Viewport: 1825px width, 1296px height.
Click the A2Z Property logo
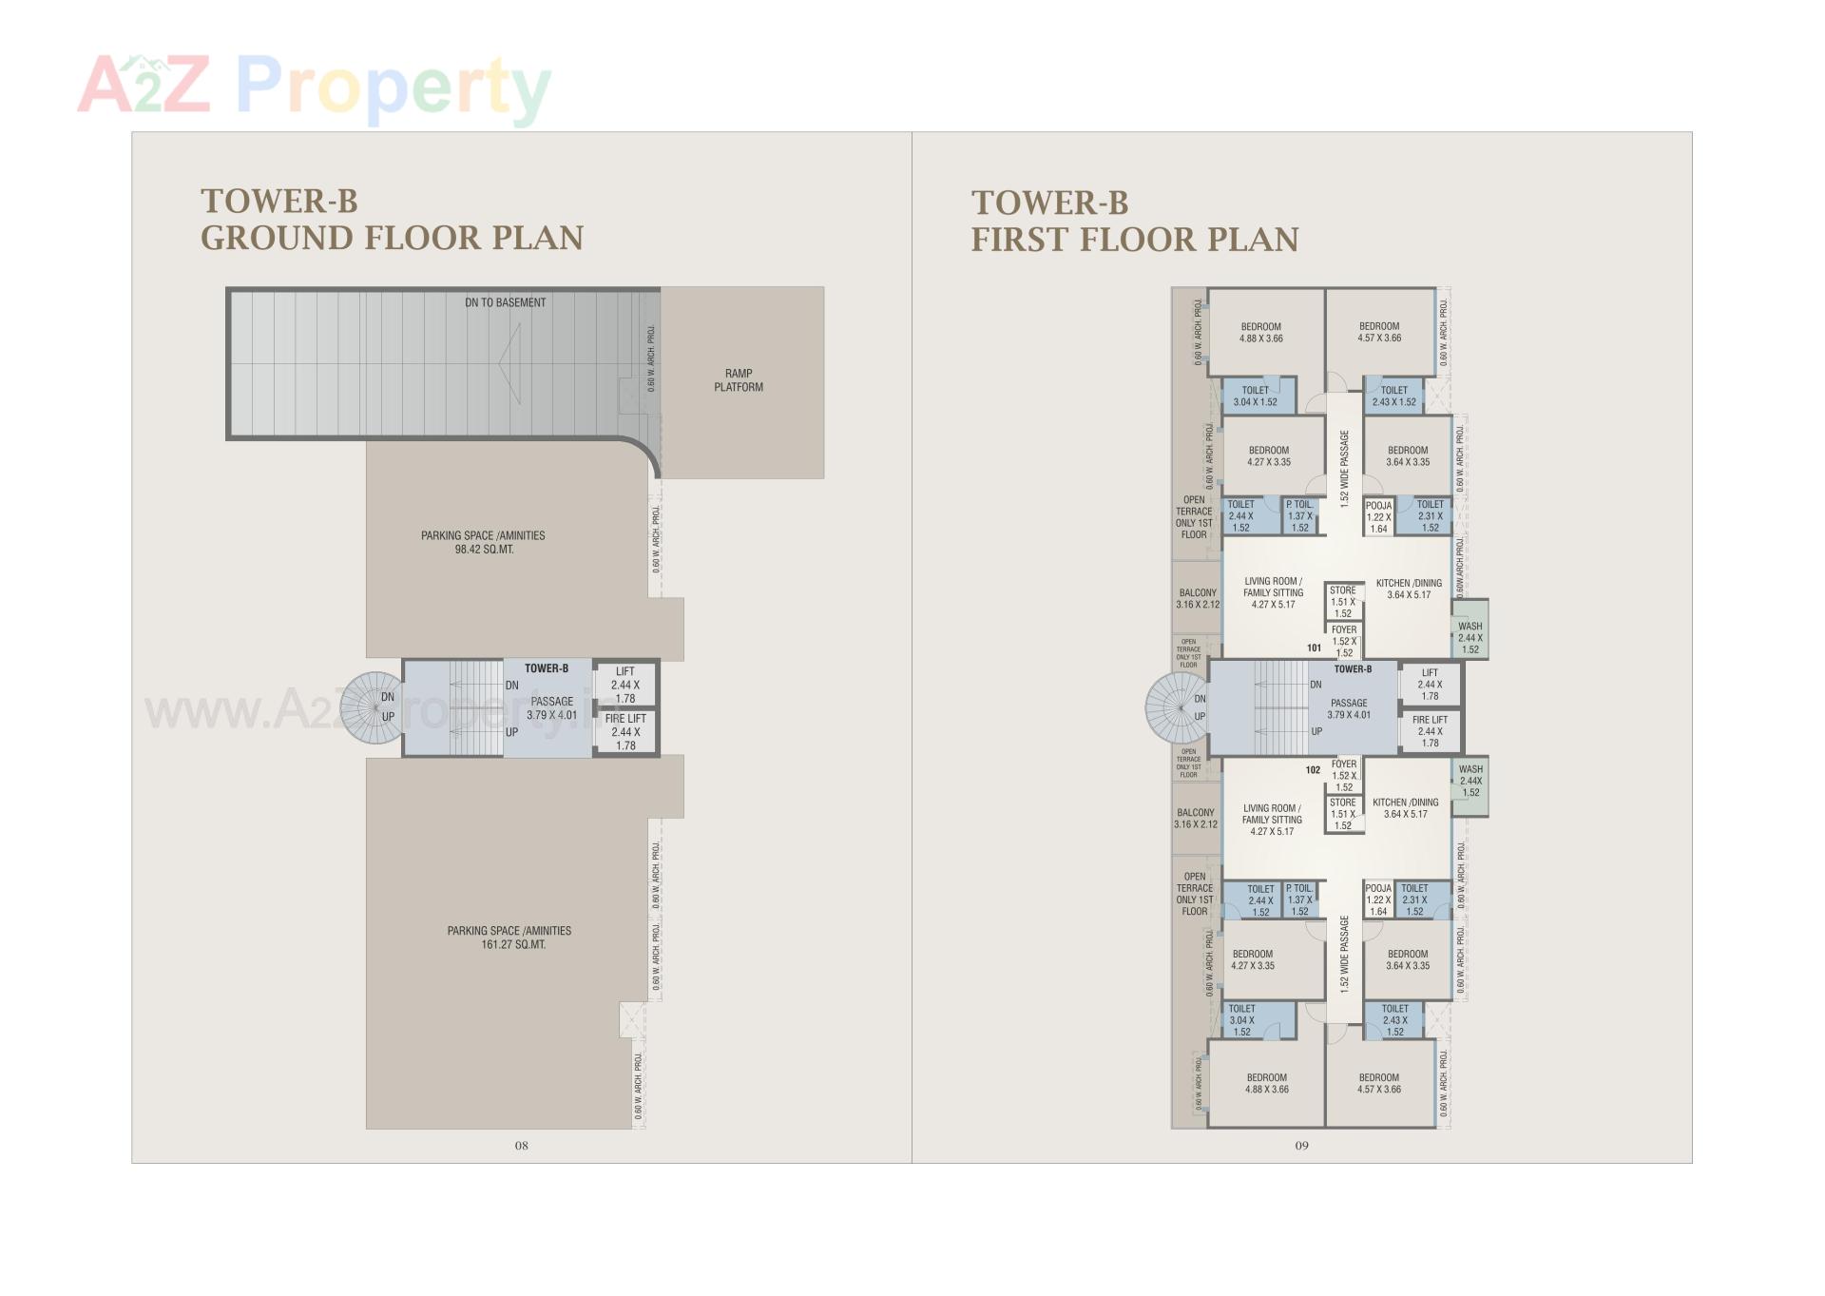pyautogui.click(x=314, y=86)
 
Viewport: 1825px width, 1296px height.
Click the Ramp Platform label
pyautogui.click(x=738, y=380)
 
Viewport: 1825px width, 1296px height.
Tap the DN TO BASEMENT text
pyautogui.click(x=505, y=302)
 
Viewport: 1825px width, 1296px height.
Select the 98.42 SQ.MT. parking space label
pyautogui.click(x=483, y=542)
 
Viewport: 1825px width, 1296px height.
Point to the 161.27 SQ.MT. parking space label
pyautogui.click(x=509, y=938)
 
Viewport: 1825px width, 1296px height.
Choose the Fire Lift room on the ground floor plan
pyautogui.click(x=625, y=732)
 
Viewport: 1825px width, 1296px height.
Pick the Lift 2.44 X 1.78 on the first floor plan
pyautogui.click(x=1430, y=685)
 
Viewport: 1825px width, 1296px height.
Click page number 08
pyautogui.click(x=521, y=1146)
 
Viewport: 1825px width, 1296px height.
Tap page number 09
pyautogui.click(x=1301, y=1146)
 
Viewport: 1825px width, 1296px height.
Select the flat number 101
pyautogui.click(x=1314, y=648)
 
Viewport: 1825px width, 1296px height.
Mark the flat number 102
pyautogui.click(x=1313, y=770)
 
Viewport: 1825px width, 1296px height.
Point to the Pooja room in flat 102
pyautogui.click(x=1378, y=899)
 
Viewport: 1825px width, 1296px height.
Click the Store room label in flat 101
pyautogui.click(x=1342, y=601)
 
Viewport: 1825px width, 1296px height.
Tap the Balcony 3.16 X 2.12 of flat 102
pyautogui.click(x=1196, y=819)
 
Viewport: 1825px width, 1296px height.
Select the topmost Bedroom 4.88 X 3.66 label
pyautogui.click(x=1261, y=332)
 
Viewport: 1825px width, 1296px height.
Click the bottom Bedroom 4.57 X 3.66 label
pyautogui.click(x=1378, y=1083)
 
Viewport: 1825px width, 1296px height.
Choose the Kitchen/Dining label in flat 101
pyautogui.click(x=1409, y=589)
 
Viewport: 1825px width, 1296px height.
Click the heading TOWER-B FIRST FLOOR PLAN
pyautogui.click(x=1134, y=221)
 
